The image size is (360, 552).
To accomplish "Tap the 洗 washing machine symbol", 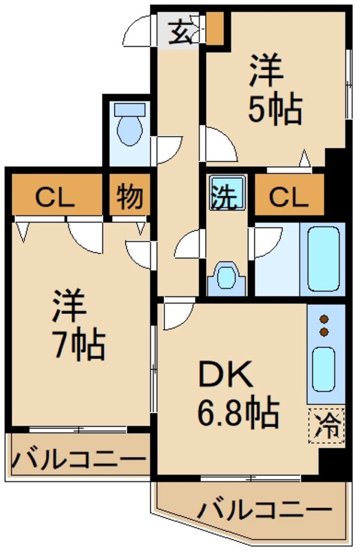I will coord(227,193).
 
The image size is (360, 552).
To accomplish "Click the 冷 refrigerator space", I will coord(328,427).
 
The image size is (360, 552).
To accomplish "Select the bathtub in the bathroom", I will coord(326,259).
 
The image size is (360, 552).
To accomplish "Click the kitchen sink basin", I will coord(325,368).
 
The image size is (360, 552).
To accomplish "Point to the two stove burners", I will coord(325,325).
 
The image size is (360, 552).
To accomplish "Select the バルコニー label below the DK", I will coord(264,511).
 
